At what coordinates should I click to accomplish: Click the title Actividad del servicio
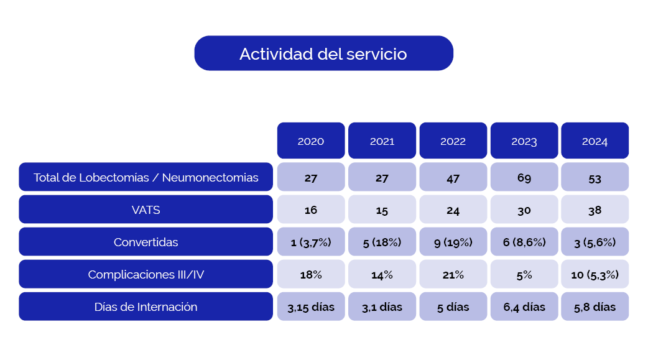323,53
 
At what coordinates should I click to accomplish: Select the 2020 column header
311,141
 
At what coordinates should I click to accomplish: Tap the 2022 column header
453,141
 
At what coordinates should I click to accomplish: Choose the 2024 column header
595,141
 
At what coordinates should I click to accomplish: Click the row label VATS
146,210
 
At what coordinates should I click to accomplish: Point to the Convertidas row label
146,242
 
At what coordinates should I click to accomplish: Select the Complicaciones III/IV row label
146,274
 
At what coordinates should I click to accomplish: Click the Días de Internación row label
146,307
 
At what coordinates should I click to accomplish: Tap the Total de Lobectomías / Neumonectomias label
146,177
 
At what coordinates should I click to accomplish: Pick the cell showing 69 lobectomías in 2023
524,177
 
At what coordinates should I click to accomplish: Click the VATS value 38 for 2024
595,210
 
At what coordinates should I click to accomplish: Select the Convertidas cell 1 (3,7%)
311,242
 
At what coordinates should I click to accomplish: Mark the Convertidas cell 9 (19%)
453,242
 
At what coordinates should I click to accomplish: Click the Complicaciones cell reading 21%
453,274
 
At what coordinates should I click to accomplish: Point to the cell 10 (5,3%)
595,274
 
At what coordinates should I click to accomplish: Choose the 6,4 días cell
524,307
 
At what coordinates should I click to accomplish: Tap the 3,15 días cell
311,307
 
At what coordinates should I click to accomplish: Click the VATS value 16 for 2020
311,210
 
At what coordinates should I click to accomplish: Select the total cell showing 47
453,177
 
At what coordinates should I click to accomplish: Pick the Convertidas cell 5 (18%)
382,242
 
